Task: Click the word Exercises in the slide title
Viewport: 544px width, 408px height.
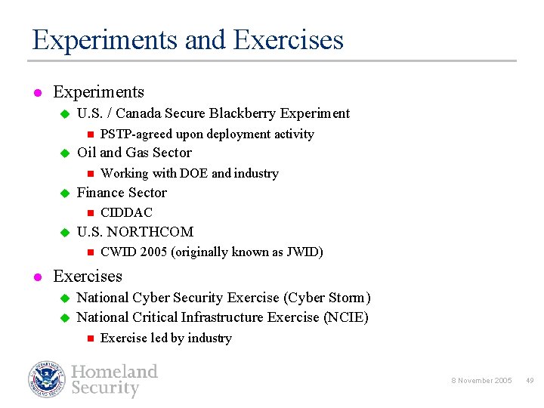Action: (x=289, y=39)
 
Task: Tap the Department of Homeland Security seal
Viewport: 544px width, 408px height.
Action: (x=48, y=379)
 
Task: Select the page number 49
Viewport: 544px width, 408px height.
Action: (x=530, y=381)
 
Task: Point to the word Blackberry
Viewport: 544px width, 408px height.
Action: (x=242, y=113)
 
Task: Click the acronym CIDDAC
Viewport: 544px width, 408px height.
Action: (x=126, y=213)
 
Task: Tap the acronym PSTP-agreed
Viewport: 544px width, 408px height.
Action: (x=136, y=134)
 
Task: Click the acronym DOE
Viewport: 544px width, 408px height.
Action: (x=193, y=174)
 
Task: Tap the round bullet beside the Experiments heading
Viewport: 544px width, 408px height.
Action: (x=36, y=94)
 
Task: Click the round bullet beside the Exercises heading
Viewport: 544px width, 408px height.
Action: (x=36, y=277)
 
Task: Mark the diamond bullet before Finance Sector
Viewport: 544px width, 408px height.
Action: (x=64, y=193)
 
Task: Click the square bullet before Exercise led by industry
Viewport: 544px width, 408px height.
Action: (x=88, y=338)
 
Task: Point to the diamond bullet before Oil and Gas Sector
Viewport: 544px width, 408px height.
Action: (x=64, y=153)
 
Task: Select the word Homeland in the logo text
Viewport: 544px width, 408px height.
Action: (x=114, y=372)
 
